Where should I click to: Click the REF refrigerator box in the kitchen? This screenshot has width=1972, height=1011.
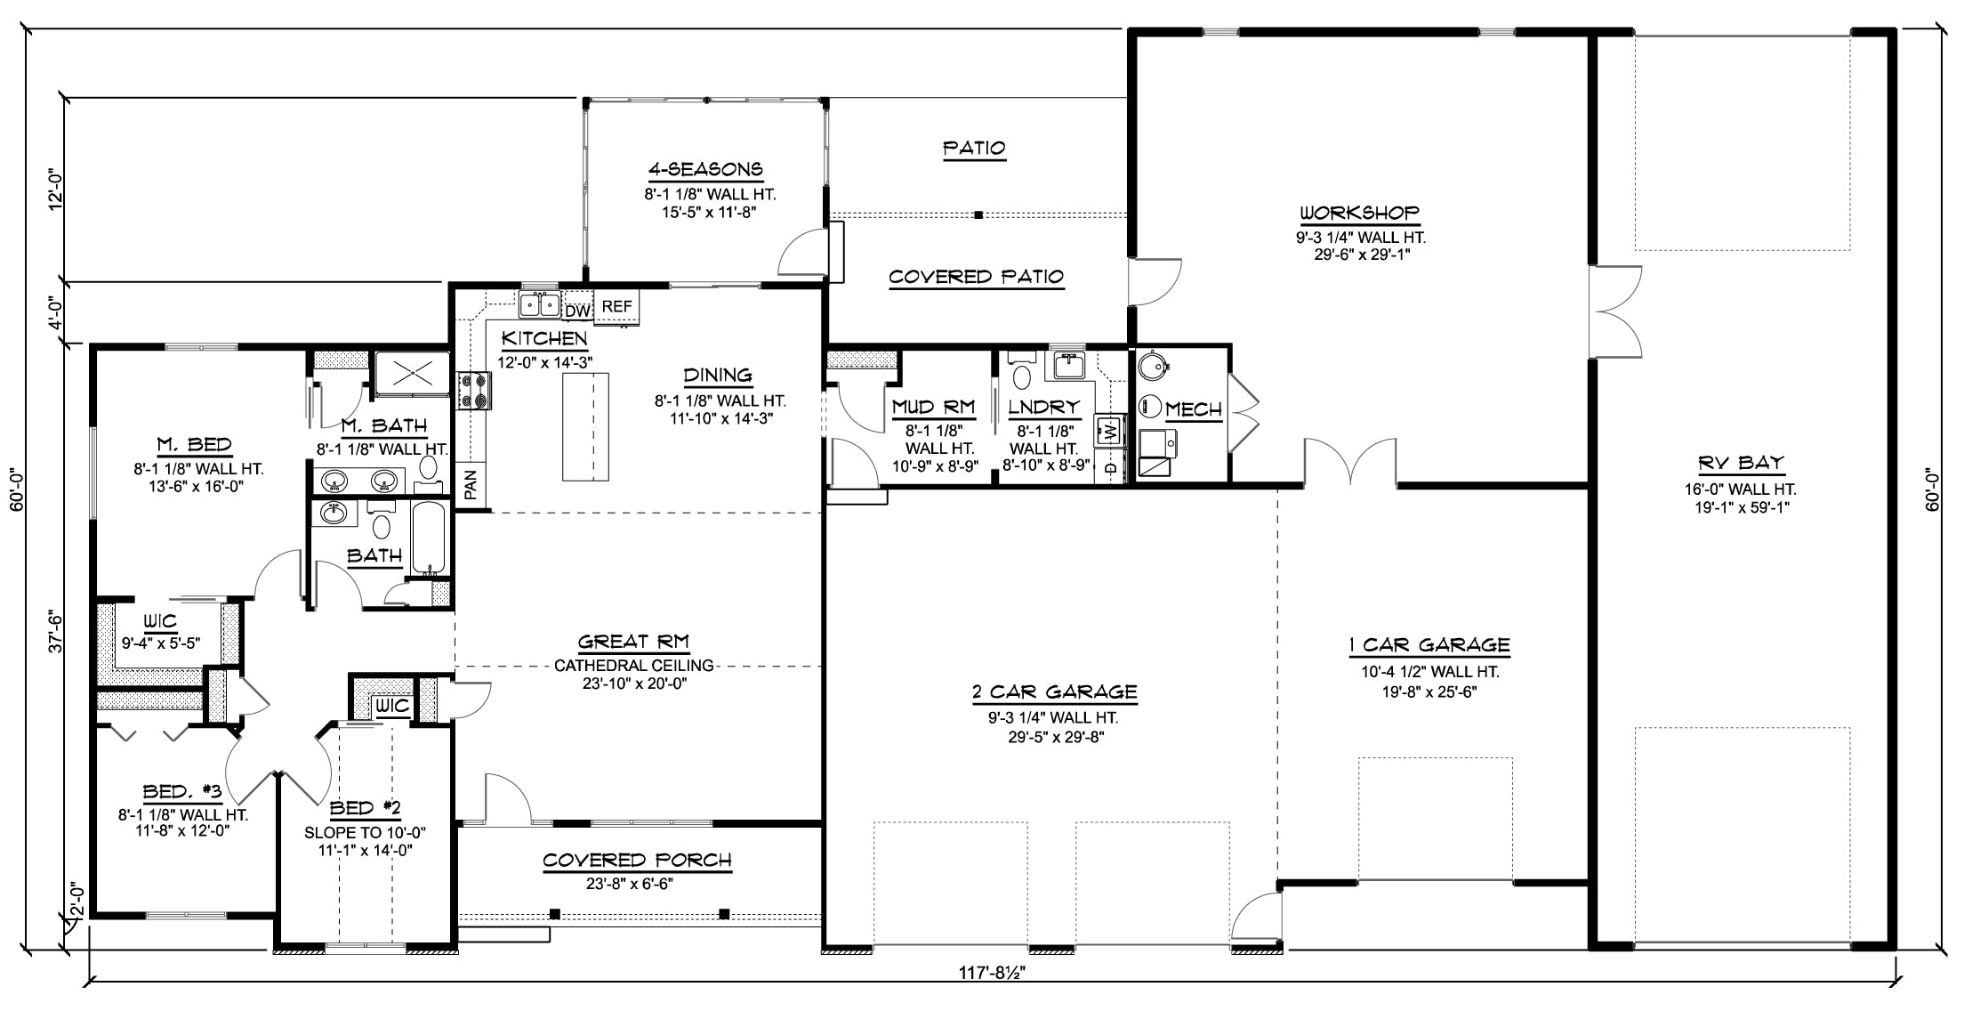(x=616, y=306)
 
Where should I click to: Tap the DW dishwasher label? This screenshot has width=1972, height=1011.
(x=577, y=311)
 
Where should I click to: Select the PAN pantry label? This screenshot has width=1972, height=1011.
(x=471, y=483)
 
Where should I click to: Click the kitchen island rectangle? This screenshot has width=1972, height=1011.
(x=585, y=427)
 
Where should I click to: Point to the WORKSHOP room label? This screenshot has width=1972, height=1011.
(x=1360, y=214)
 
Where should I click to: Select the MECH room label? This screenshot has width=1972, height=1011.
(x=1194, y=409)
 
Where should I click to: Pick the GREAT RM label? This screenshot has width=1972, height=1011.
(x=633, y=642)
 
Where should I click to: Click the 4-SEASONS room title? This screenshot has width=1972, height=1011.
(x=704, y=169)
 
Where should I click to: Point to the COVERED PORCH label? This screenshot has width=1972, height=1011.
(x=637, y=861)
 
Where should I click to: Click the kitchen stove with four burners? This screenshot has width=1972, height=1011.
(x=474, y=390)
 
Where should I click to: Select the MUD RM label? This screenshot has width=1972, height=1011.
(x=933, y=408)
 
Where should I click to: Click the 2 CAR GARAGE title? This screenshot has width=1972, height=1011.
(x=1054, y=692)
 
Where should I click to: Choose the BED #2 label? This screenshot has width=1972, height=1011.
(x=366, y=809)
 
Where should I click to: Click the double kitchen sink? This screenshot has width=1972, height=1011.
(x=540, y=304)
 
